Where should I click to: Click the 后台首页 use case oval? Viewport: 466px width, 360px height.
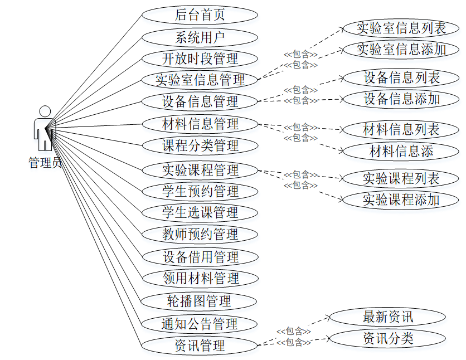(x=200, y=15)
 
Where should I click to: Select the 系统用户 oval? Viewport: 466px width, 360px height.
(x=200, y=37)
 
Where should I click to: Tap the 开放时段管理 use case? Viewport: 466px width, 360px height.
(x=200, y=59)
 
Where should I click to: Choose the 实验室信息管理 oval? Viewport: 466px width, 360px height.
(x=200, y=80)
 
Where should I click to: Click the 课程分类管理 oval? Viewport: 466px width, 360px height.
(x=200, y=145)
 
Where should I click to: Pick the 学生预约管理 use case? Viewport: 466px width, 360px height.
(x=200, y=191)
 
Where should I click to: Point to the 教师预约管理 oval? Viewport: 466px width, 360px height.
(x=200, y=234)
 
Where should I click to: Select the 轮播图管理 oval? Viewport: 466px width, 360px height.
(x=200, y=301)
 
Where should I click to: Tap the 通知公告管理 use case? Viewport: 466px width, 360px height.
(x=200, y=324)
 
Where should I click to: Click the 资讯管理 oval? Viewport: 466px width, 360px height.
(x=200, y=346)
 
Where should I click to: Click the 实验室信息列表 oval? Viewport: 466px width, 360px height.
(x=401, y=28)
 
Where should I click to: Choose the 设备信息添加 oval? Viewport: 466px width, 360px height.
(x=401, y=99)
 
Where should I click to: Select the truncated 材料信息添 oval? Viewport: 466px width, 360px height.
(x=401, y=150)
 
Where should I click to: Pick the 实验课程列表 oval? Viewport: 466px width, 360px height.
(x=401, y=178)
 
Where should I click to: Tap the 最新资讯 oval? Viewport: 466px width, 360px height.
(x=387, y=317)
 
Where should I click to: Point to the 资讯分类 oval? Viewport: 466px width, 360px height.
(x=387, y=338)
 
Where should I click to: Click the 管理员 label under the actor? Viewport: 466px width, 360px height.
(x=45, y=163)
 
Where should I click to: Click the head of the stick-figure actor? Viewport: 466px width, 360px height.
(x=45, y=111)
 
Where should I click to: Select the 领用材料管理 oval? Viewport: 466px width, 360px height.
(x=200, y=278)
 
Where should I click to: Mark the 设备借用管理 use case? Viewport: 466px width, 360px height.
(x=200, y=257)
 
